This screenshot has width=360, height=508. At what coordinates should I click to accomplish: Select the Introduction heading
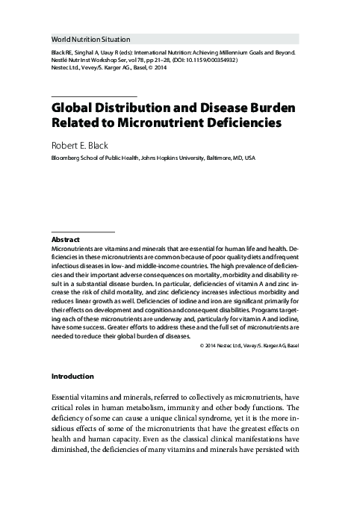[72, 376]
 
